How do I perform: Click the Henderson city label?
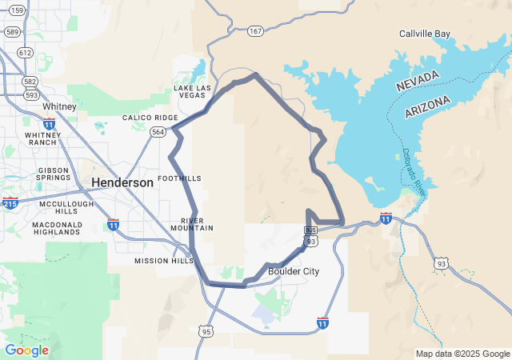(x=122, y=182)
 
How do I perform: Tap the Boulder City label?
(x=294, y=271)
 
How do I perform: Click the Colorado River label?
(x=416, y=168)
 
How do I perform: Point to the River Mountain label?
(x=197, y=224)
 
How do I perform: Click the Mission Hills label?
(x=163, y=261)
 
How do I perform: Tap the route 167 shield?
(x=255, y=31)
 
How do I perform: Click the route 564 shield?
(x=158, y=132)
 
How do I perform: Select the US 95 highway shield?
(x=206, y=330)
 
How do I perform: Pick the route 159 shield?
(x=14, y=10)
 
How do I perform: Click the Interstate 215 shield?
(x=10, y=203)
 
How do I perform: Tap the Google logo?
(x=26, y=350)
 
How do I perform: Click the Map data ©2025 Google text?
(x=462, y=354)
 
